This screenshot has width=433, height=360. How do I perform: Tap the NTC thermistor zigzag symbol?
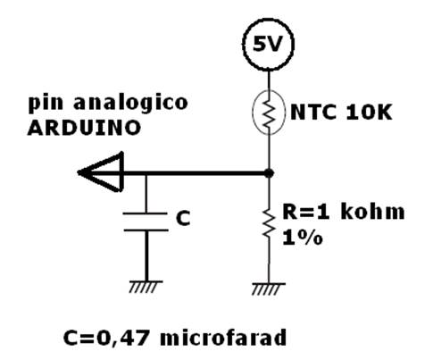pyautogui.click(x=269, y=113)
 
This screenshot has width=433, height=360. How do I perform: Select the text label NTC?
pyautogui.click(x=313, y=112)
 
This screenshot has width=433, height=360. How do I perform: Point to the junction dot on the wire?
pyautogui.click(x=269, y=172)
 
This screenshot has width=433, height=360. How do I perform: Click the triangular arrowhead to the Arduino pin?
pyautogui.click(x=101, y=172)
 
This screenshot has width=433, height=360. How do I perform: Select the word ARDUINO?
pyautogui.click(x=84, y=128)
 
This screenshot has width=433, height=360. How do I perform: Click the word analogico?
pyautogui.click(x=130, y=103)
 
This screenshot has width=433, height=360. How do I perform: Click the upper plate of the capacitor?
pyautogui.click(x=146, y=213)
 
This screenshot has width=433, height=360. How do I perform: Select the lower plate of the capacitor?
pyautogui.click(x=146, y=230)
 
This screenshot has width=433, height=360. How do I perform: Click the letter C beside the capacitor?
pyautogui.click(x=183, y=218)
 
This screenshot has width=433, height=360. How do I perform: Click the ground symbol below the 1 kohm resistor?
pyautogui.click(x=269, y=289)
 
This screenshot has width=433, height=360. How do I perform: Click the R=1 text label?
pyautogui.click(x=306, y=212)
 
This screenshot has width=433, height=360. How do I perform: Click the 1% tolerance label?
pyautogui.click(x=303, y=238)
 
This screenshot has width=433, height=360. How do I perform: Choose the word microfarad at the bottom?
pyautogui.click(x=223, y=338)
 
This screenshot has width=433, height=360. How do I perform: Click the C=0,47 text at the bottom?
pyautogui.click(x=106, y=339)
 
